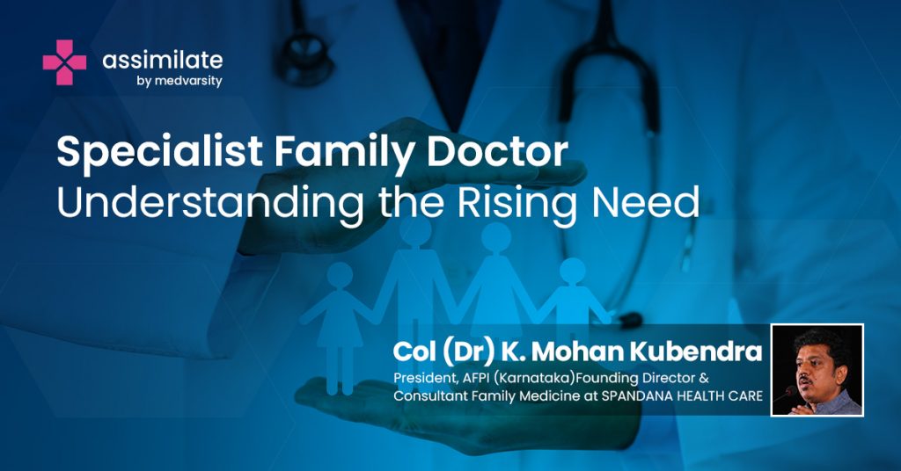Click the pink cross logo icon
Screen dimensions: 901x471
64,62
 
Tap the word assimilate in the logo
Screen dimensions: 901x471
163,61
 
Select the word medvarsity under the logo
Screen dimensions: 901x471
188,81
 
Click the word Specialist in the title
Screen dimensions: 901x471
160,152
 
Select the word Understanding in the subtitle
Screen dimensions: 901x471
210,203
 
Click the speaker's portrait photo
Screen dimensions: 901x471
817,370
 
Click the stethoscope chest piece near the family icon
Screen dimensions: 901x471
630,320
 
